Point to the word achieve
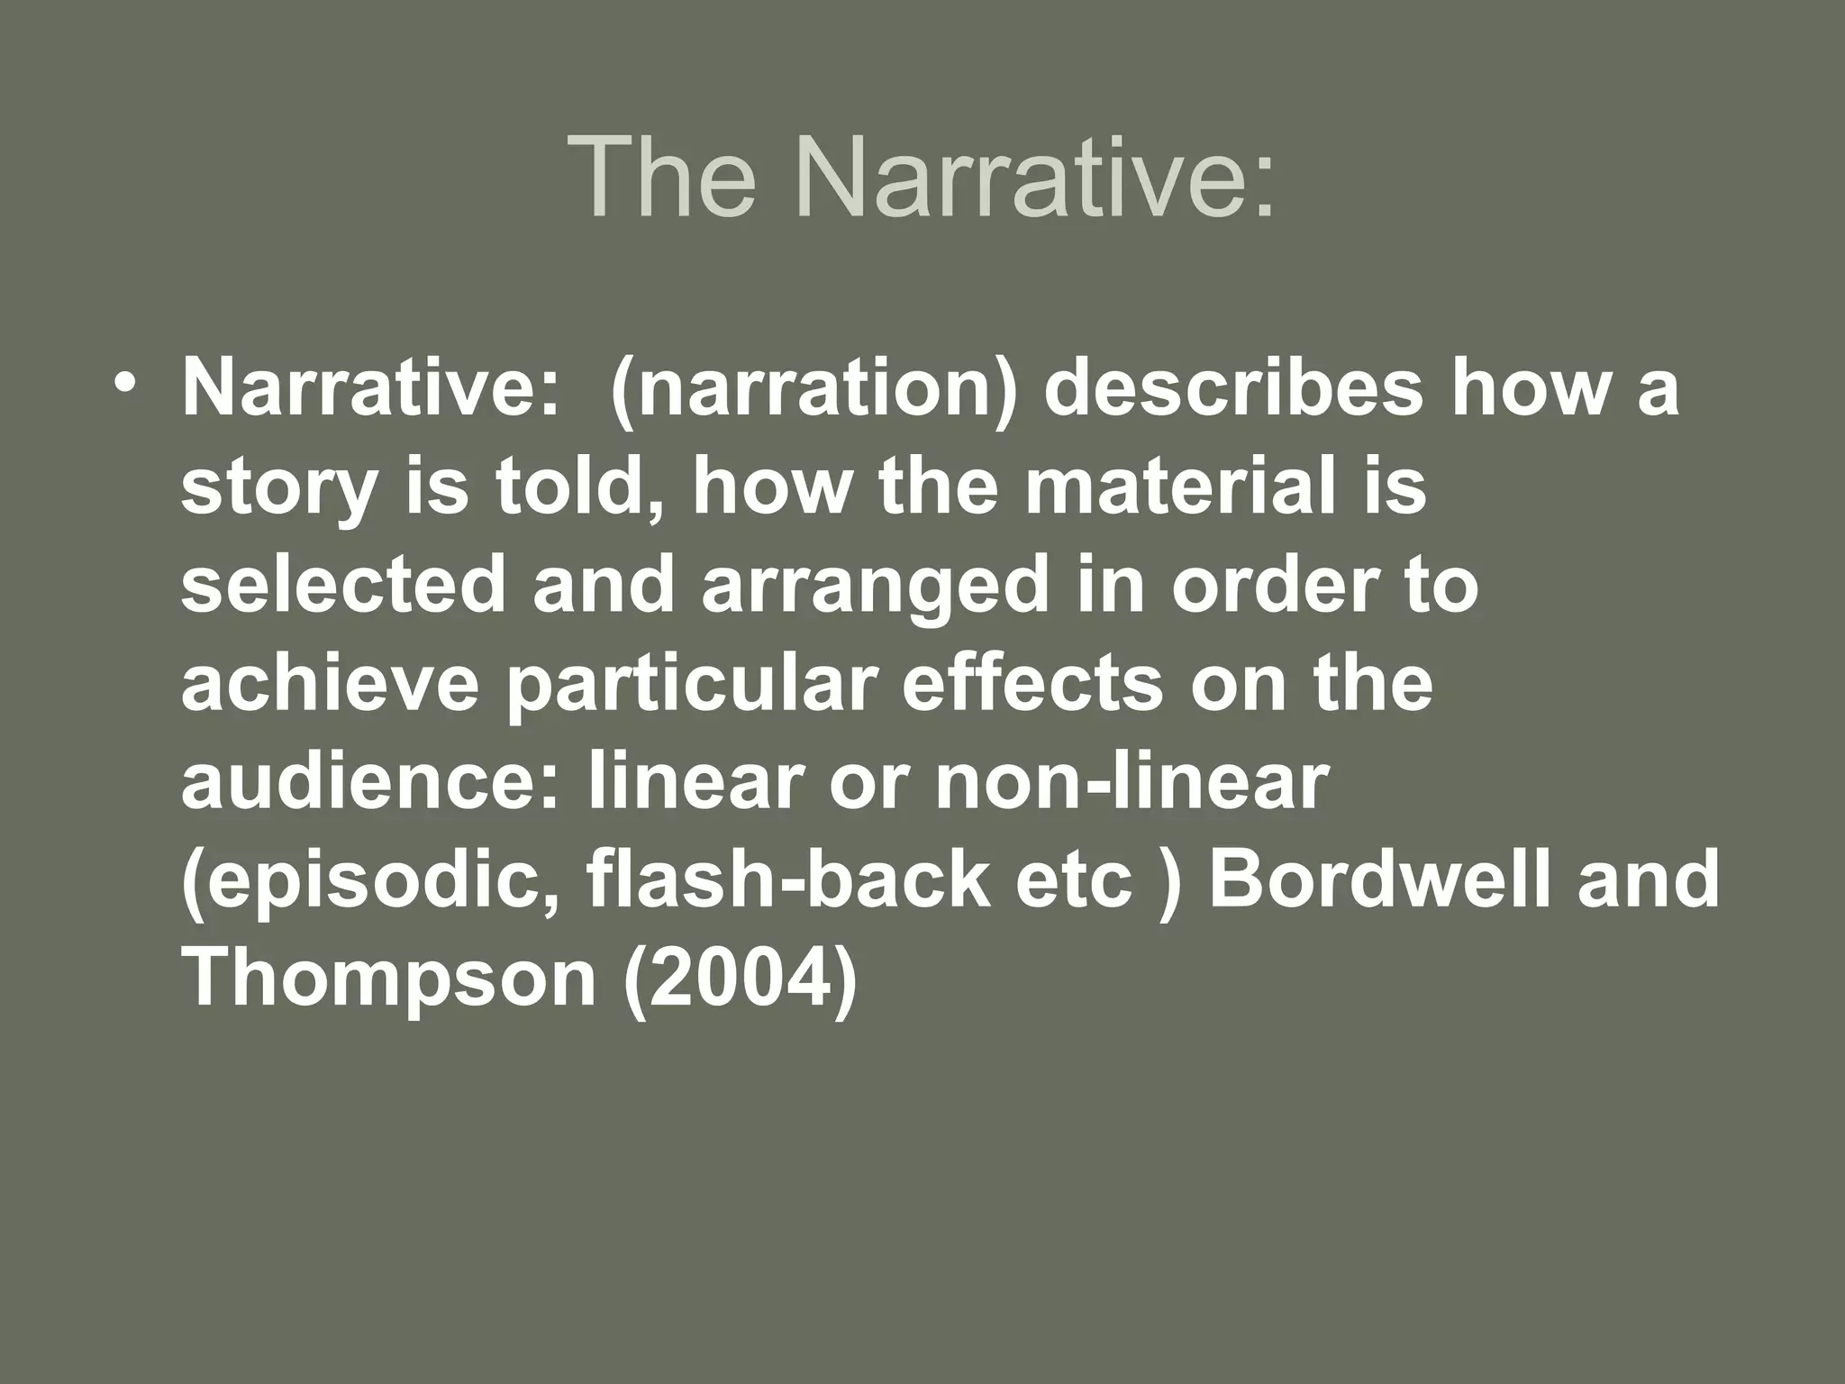coord(330,683)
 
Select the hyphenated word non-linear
coord(1132,780)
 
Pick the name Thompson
coord(389,979)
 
